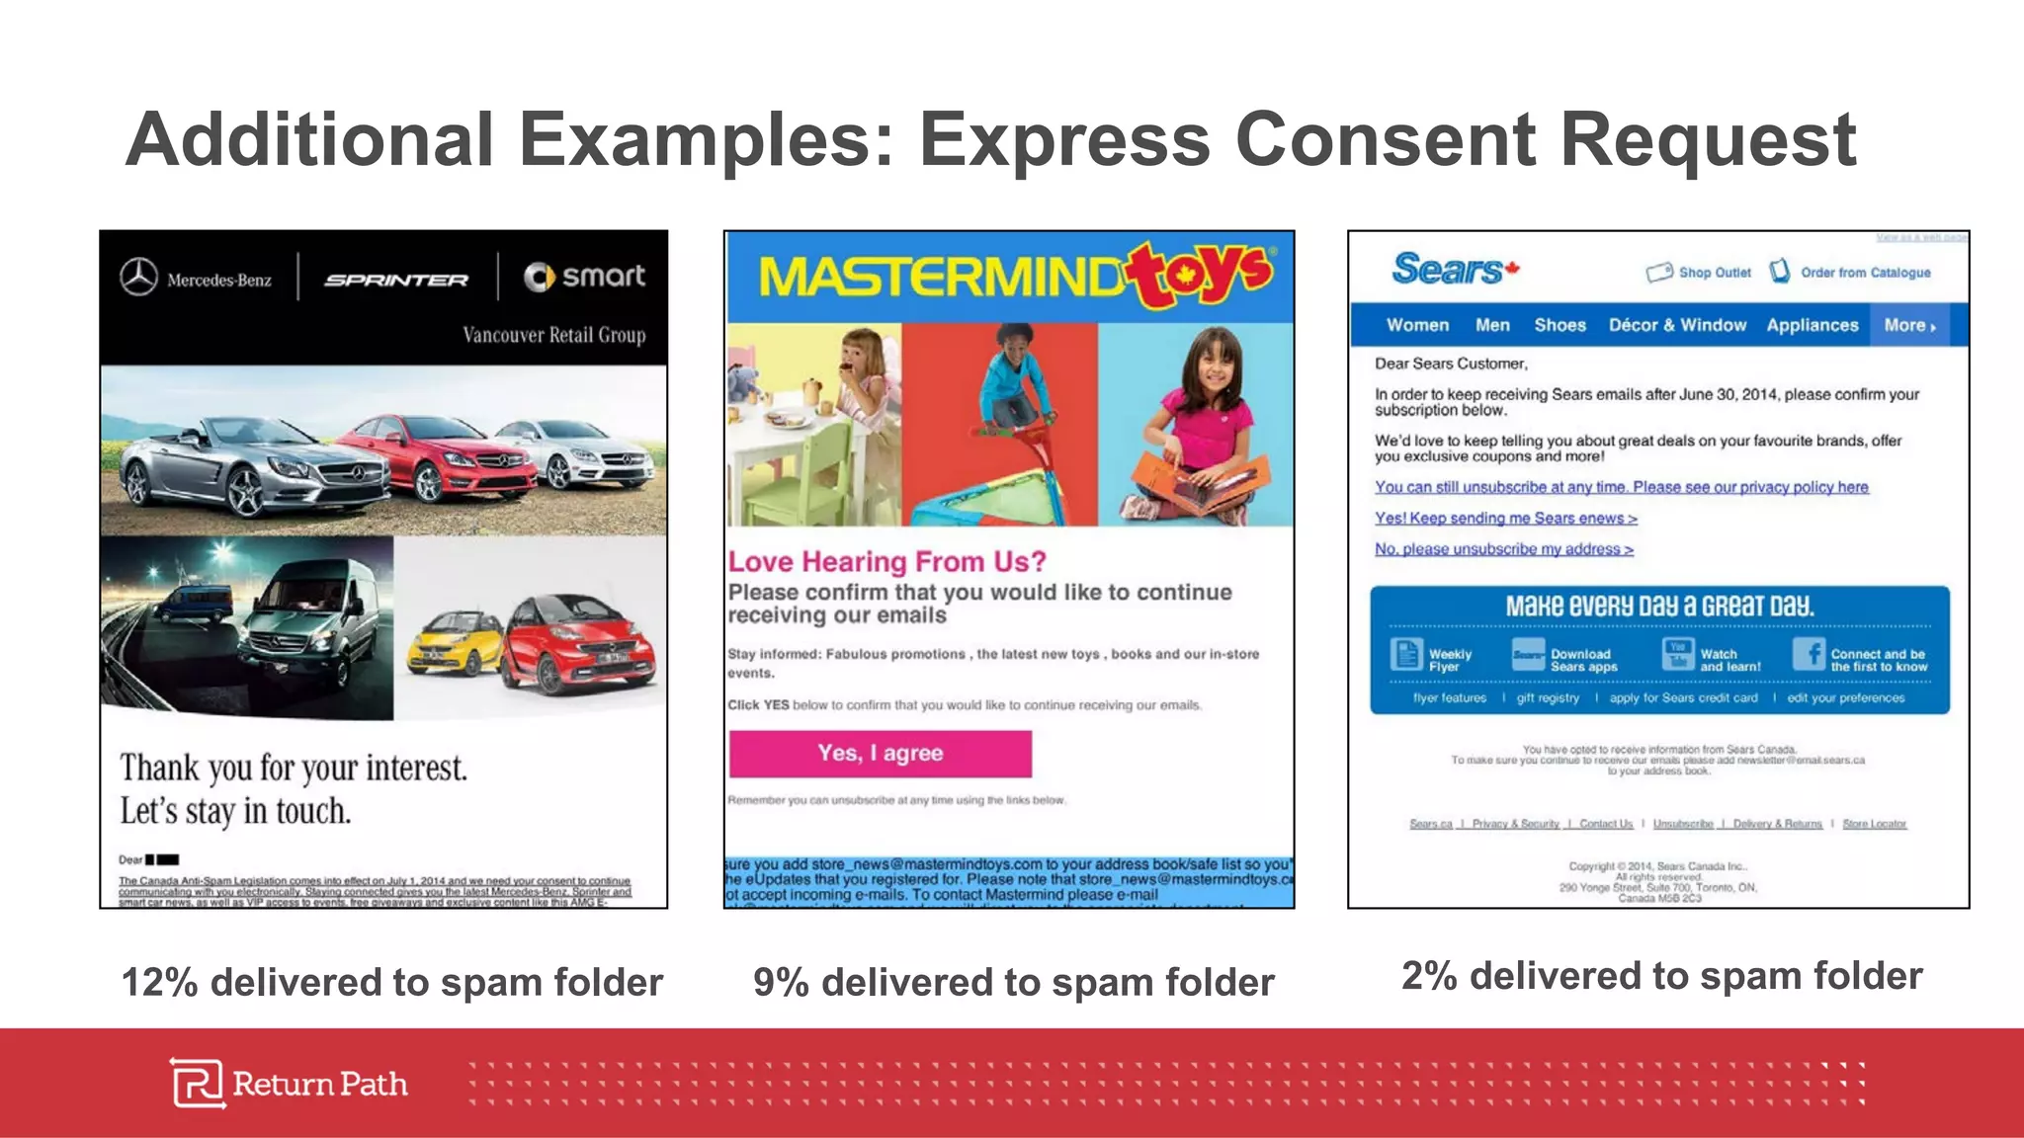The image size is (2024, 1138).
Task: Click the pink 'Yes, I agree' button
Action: coord(880,754)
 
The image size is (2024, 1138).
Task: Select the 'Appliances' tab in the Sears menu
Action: coord(1812,325)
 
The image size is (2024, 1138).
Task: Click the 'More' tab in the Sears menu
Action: coord(1908,325)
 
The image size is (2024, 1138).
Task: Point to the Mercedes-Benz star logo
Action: coord(139,278)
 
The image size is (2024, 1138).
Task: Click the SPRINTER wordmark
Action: coord(396,281)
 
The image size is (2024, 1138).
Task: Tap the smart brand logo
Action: coord(584,277)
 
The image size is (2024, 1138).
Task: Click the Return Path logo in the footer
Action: coord(289,1084)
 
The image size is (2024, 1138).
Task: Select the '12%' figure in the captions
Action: coord(159,983)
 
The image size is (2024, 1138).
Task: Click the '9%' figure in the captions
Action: coord(781,983)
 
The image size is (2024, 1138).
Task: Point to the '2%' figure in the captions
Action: coord(1429,976)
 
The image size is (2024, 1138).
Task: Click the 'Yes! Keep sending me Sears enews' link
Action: coord(1505,518)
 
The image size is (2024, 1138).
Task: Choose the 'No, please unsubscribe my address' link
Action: coord(1503,549)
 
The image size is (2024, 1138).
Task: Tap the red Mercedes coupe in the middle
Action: coord(435,459)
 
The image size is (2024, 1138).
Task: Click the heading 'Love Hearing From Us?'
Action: coord(886,561)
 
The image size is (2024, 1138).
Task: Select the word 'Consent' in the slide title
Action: coord(1385,139)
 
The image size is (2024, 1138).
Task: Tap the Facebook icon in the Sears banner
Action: coord(1808,654)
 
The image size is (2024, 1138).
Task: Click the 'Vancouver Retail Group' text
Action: coord(553,335)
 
